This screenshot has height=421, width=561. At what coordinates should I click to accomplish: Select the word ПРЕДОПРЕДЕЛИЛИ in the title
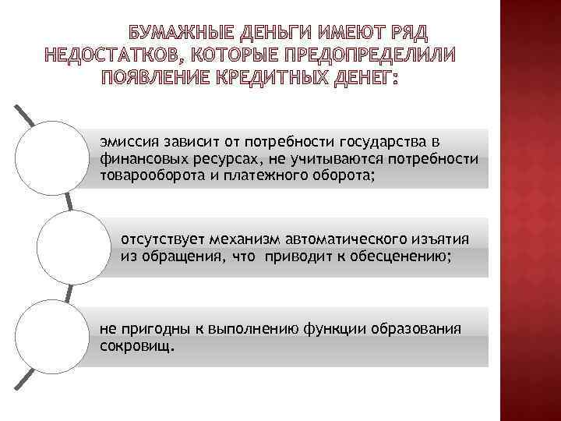tap(369, 56)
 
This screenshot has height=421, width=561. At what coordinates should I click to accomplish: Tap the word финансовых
tap(134, 159)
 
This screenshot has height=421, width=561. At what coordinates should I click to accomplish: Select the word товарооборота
tap(146, 175)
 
